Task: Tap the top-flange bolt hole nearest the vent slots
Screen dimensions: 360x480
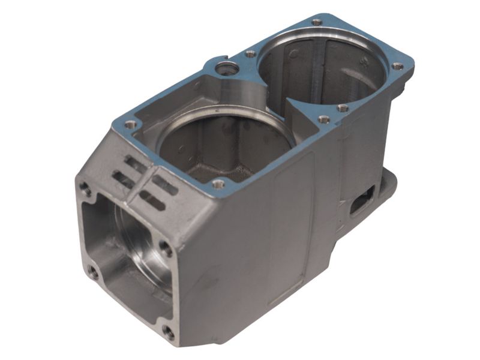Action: pos(130,125)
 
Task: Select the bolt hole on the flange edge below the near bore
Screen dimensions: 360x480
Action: pos(219,184)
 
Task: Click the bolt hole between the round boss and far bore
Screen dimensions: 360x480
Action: pos(251,54)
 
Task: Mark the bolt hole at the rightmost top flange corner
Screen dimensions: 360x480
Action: pos(397,66)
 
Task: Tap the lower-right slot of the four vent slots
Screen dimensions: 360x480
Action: pos(152,200)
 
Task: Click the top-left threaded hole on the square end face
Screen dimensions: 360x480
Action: pos(86,190)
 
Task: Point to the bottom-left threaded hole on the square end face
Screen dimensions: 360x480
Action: pos(93,271)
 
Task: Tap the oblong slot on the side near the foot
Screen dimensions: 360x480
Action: pos(362,200)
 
